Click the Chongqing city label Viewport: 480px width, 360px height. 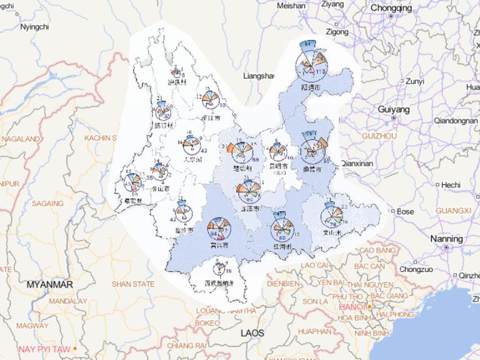(391, 8)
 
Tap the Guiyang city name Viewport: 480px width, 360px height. (394, 109)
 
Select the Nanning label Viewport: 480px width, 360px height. (446, 239)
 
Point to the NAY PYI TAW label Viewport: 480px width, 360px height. (45, 349)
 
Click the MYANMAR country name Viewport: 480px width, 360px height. (50, 284)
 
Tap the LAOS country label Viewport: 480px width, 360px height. (253, 333)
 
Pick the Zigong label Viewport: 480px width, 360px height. (337, 31)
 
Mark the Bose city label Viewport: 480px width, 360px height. (405, 212)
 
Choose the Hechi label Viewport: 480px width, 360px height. (450, 185)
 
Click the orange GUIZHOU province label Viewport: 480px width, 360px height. (379, 135)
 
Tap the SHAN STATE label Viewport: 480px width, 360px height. (132, 284)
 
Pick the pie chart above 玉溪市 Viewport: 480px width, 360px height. (248, 188)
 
